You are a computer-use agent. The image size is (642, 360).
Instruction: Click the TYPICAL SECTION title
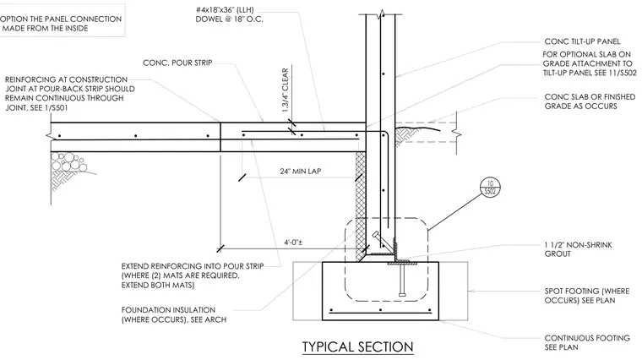(358, 346)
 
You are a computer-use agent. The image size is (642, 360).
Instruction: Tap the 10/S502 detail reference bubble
(490, 188)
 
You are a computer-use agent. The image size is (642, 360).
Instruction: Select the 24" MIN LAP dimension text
(301, 172)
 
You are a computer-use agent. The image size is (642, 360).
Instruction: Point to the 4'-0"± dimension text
(294, 242)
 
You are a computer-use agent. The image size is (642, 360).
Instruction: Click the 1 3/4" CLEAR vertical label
(285, 90)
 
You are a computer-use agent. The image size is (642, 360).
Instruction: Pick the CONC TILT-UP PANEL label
(582, 41)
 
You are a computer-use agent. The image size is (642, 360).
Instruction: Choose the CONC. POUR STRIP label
(177, 63)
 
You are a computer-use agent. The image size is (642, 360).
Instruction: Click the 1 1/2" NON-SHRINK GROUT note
(578, 249)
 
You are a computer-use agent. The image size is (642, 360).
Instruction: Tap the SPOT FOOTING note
(587, 296)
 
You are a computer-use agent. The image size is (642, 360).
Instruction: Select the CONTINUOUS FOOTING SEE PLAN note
(587, 342)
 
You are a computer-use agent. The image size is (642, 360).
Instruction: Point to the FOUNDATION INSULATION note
(174, 314)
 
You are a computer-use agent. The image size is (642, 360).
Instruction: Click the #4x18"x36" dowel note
(229, 14)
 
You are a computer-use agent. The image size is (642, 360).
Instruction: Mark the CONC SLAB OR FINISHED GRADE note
(590, 101)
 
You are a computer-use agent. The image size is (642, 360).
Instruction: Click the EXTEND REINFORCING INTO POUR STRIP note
(193, 275)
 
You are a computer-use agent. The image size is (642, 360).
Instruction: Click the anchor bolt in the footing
(402, 279)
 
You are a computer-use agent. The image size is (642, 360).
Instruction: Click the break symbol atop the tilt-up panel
(381, 14)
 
